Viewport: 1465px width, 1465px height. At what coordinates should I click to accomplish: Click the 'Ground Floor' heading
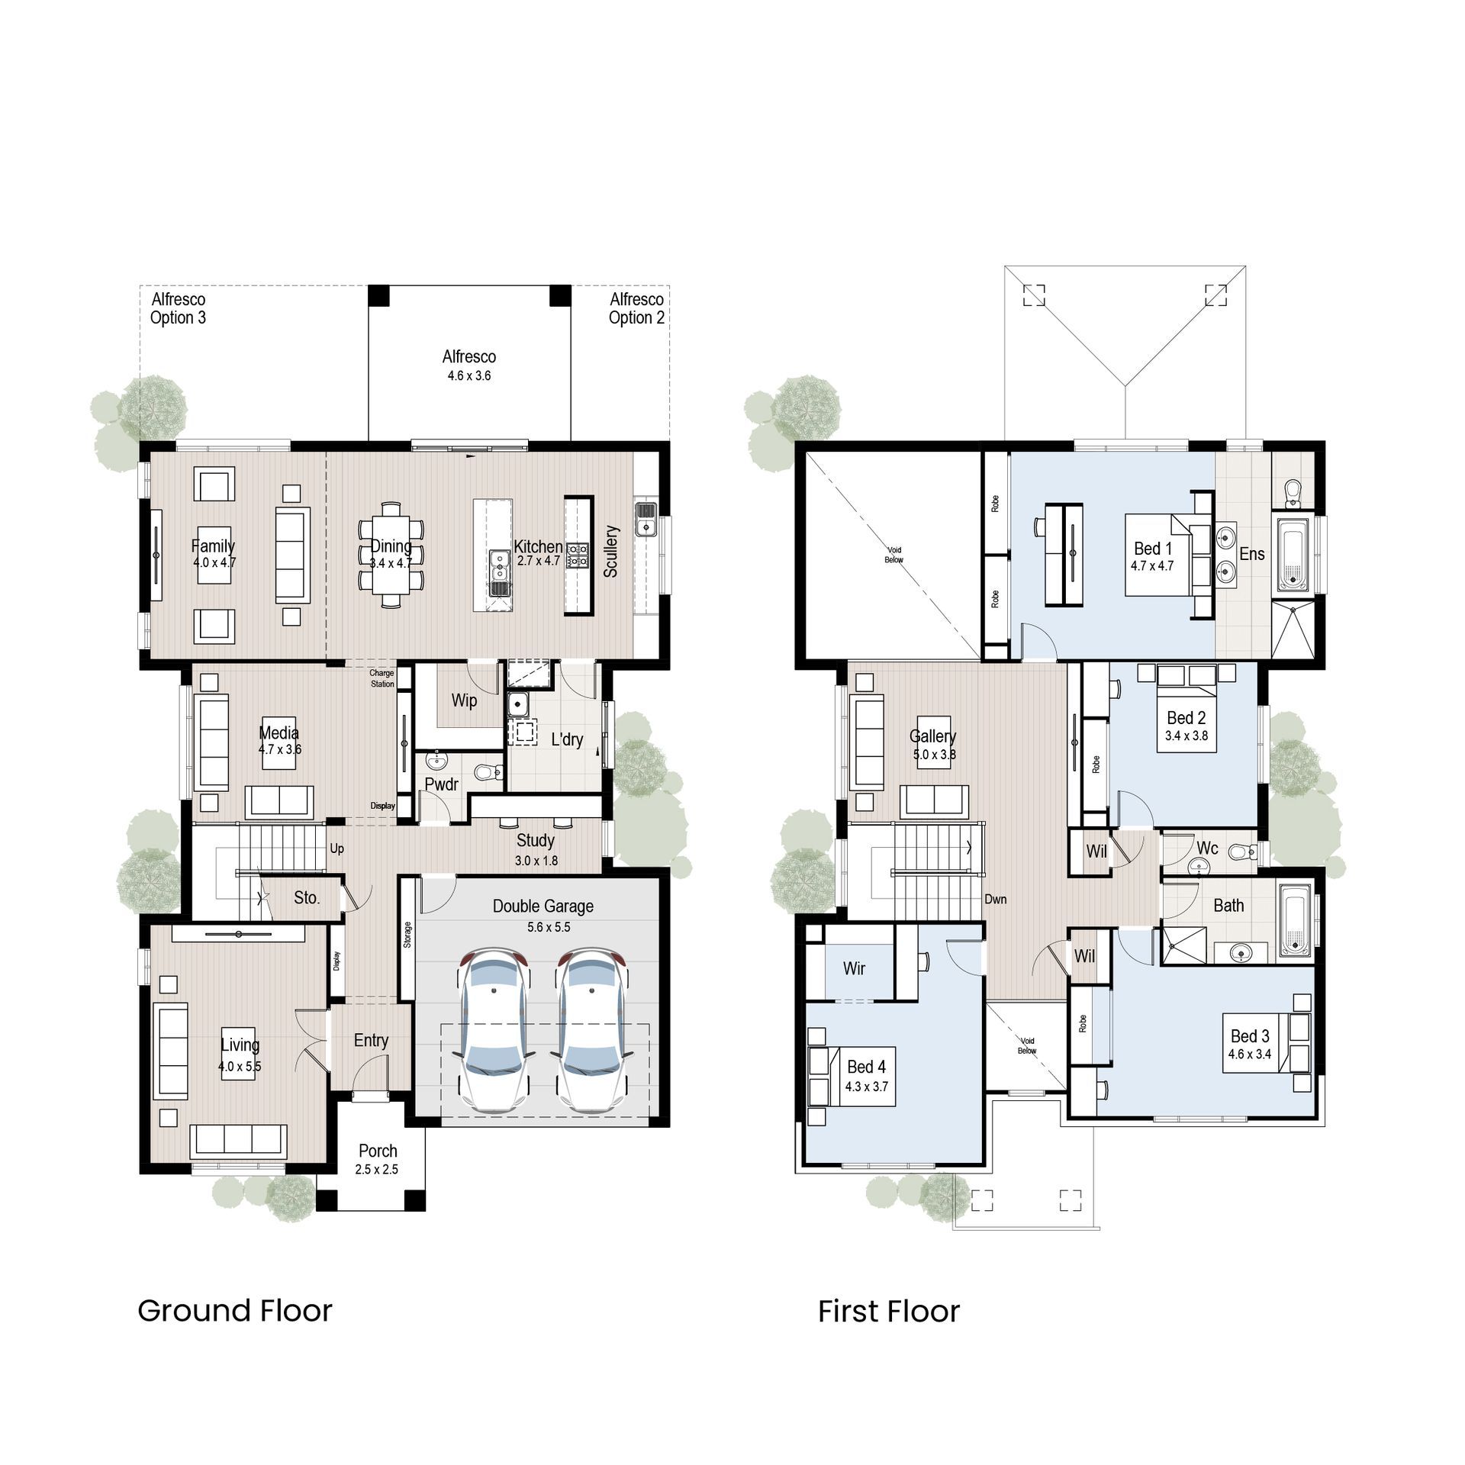tap(235, 1311)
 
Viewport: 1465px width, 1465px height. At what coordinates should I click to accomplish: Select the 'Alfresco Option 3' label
tap(178, 308)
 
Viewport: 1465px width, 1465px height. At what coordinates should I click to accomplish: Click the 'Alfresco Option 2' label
tap(636, 308)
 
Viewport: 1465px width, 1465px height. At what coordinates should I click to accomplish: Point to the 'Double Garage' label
tap(543, 906)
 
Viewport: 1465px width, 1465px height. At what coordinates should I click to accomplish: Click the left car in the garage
tap(494, 1029)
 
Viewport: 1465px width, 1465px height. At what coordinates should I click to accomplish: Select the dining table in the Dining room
tap(391, 554)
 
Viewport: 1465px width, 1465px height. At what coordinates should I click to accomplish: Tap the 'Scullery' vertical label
tap(610, 551)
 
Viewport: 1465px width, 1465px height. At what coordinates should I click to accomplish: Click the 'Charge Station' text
tap(382, 678)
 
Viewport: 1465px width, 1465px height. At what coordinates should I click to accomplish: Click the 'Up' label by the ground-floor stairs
tap(336, 848)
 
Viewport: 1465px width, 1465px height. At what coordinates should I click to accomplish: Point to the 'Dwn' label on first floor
tap(995, 900)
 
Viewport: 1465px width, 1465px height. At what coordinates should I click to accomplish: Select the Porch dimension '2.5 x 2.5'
tap(376, 1170)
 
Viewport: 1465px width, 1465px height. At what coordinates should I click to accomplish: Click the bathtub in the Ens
tap(1293, 555)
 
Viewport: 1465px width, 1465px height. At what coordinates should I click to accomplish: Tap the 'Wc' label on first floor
tap(1207, 848)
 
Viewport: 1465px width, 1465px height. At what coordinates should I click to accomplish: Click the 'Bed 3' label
tap(1250, 1036)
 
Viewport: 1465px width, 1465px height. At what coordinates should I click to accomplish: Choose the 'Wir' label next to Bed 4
tap(854, 968)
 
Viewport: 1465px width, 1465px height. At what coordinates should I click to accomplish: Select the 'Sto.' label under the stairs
tap(307, 898)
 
